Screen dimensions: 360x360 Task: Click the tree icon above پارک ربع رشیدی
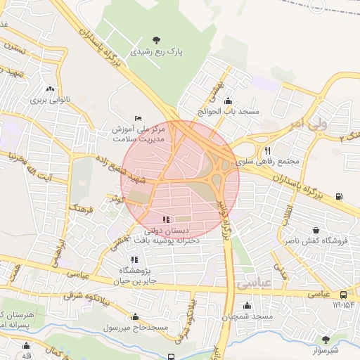[x=155, y=40]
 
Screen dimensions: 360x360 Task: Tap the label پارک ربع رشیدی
[x=155, y=52]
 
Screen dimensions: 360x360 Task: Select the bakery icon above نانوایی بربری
[x=50, y=89]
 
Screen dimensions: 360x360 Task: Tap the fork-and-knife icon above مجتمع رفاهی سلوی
[x=267, y=150]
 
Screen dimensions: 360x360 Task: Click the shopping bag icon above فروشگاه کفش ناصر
[x=316, y=230]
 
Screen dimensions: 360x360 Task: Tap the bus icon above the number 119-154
[x=342, y=295]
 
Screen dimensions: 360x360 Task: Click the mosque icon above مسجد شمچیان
[x=247, y=306]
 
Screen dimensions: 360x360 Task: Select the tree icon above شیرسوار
[x=325, y=340]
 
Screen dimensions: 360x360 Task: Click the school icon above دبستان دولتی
[x=166, y=220]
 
